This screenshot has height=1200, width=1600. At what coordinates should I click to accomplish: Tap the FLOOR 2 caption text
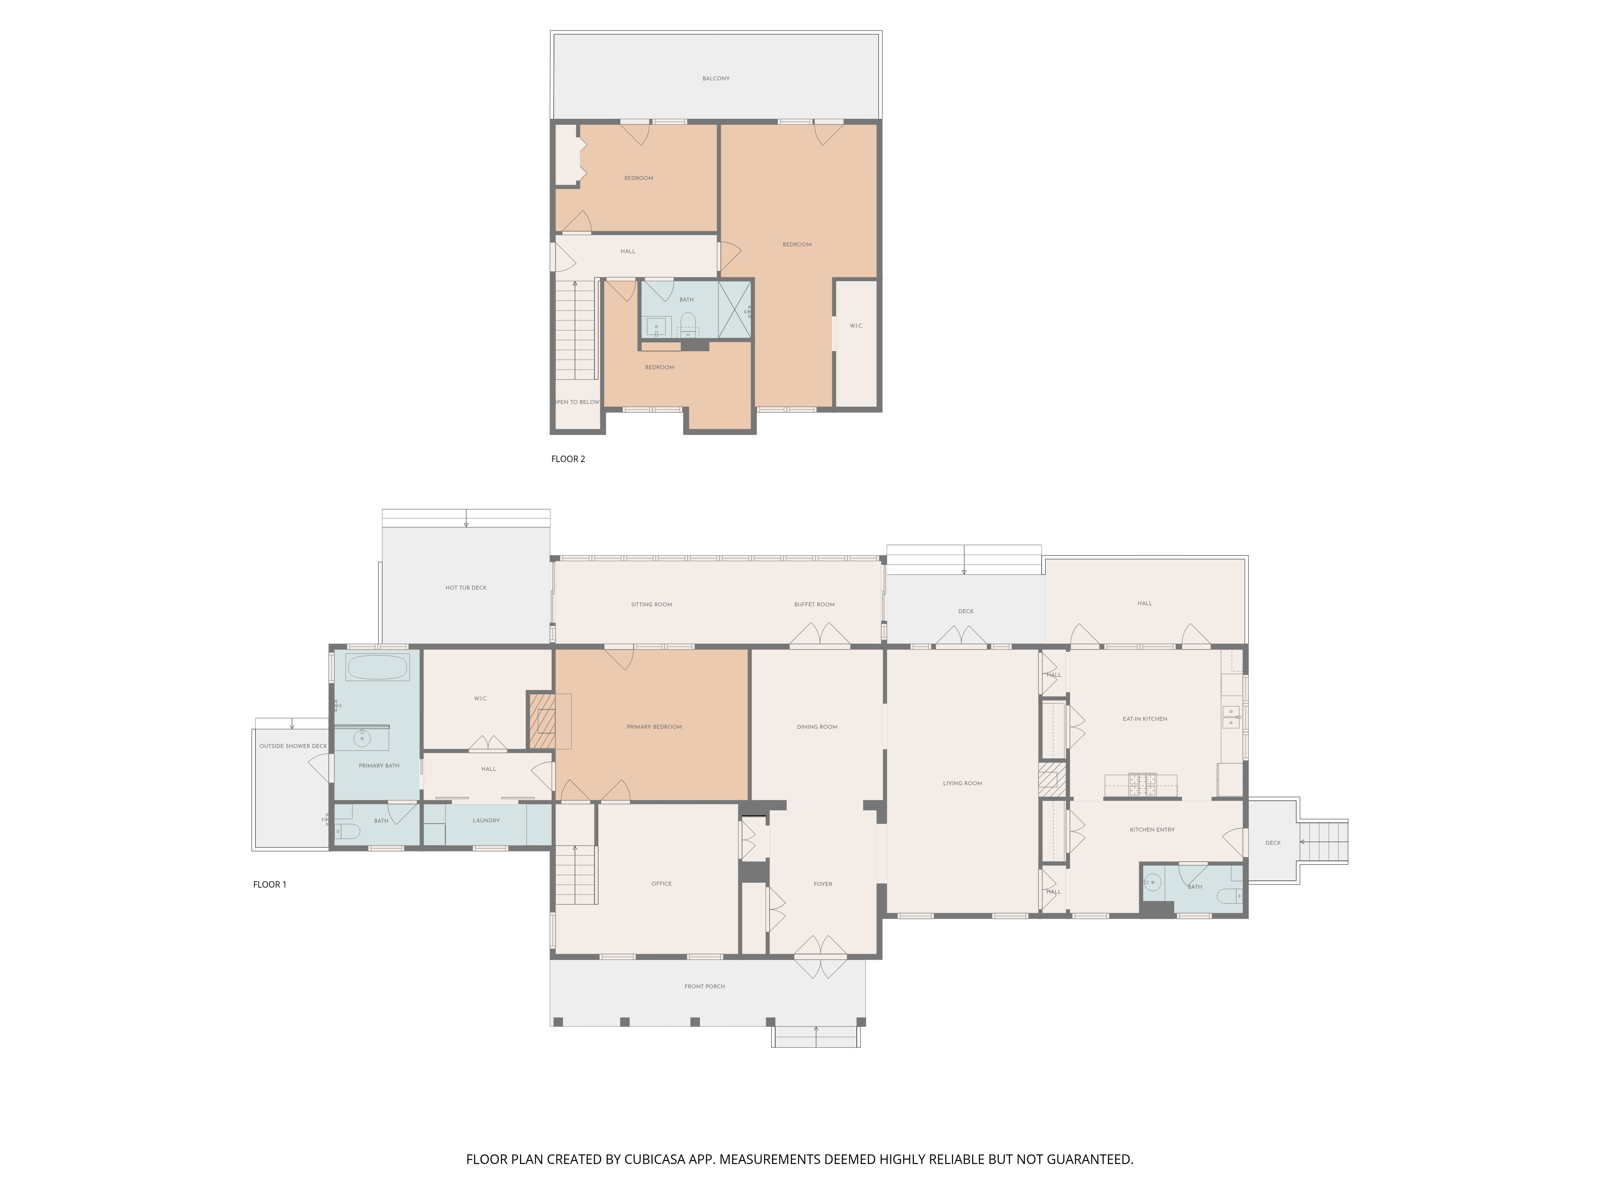point(568,458)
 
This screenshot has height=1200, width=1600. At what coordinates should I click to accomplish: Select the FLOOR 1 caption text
point(270,884)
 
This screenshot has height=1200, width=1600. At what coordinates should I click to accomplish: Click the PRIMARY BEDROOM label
point(654,727)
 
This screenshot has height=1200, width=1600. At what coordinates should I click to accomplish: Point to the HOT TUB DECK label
point(466,587)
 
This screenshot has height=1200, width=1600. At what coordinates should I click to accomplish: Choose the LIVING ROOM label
point(962,783)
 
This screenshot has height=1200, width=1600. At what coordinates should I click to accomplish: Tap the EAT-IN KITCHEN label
point(1144,719)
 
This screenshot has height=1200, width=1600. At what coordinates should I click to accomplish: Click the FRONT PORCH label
point(704,986)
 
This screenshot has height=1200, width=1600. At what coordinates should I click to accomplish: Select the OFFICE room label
point(661,883)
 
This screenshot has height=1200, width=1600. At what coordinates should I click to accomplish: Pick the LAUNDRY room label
point(486,820)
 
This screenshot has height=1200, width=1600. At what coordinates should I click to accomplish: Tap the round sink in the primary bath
point(362,738)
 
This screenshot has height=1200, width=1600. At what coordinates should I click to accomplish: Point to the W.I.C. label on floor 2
point(856,326)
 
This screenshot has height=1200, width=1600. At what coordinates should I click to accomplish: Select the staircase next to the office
point(576,875)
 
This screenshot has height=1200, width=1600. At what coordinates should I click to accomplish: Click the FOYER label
point(822,884)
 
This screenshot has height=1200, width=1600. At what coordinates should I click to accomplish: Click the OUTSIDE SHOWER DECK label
point(293,746)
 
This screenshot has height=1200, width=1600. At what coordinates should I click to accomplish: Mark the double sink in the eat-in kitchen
point(1230,717)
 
